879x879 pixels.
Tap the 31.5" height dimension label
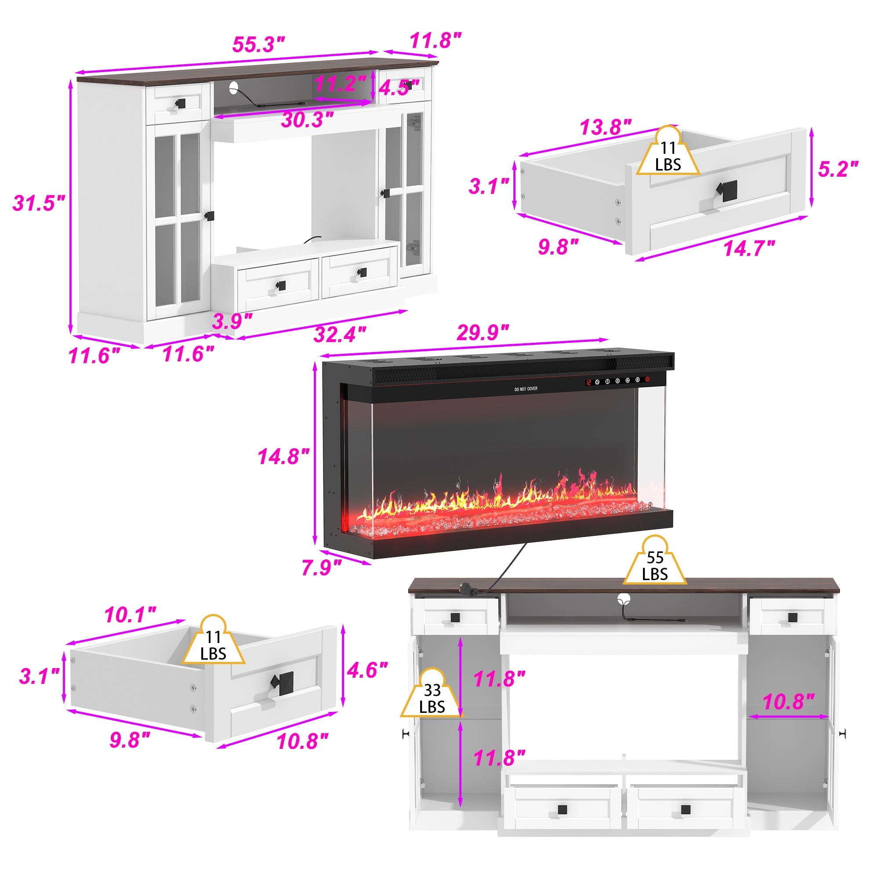39,203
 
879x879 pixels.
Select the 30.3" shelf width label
308,120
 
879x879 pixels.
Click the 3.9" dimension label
232,321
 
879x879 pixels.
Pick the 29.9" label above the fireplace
482,333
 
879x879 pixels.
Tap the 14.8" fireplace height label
283,456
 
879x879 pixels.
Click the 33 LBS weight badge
432,698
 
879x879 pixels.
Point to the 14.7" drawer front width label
749,249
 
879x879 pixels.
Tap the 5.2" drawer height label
838,169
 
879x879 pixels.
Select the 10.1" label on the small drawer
130,616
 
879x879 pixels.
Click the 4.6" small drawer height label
367,670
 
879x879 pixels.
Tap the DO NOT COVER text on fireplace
526,389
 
